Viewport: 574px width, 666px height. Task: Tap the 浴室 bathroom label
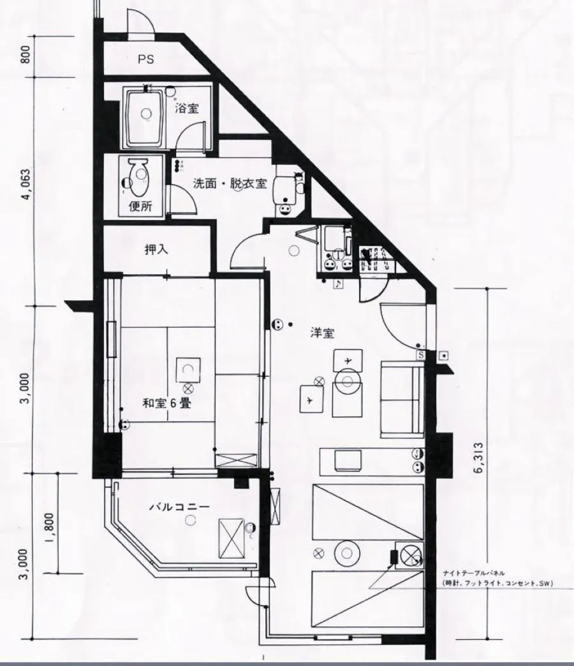pos(187,108)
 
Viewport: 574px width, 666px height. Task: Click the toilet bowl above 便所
pos(136,173)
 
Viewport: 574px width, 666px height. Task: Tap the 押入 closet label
pos(156,249)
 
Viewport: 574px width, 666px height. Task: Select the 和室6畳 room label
pos(165,403)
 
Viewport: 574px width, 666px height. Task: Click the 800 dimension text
pos(26,57)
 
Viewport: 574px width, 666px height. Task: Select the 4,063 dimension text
pos(26,185)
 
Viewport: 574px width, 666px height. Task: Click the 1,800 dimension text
pos(51,523)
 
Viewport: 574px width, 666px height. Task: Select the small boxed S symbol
pos(421,355)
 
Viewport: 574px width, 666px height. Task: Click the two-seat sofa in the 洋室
pos(401,398)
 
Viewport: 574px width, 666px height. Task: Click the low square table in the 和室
pos(189,369)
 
